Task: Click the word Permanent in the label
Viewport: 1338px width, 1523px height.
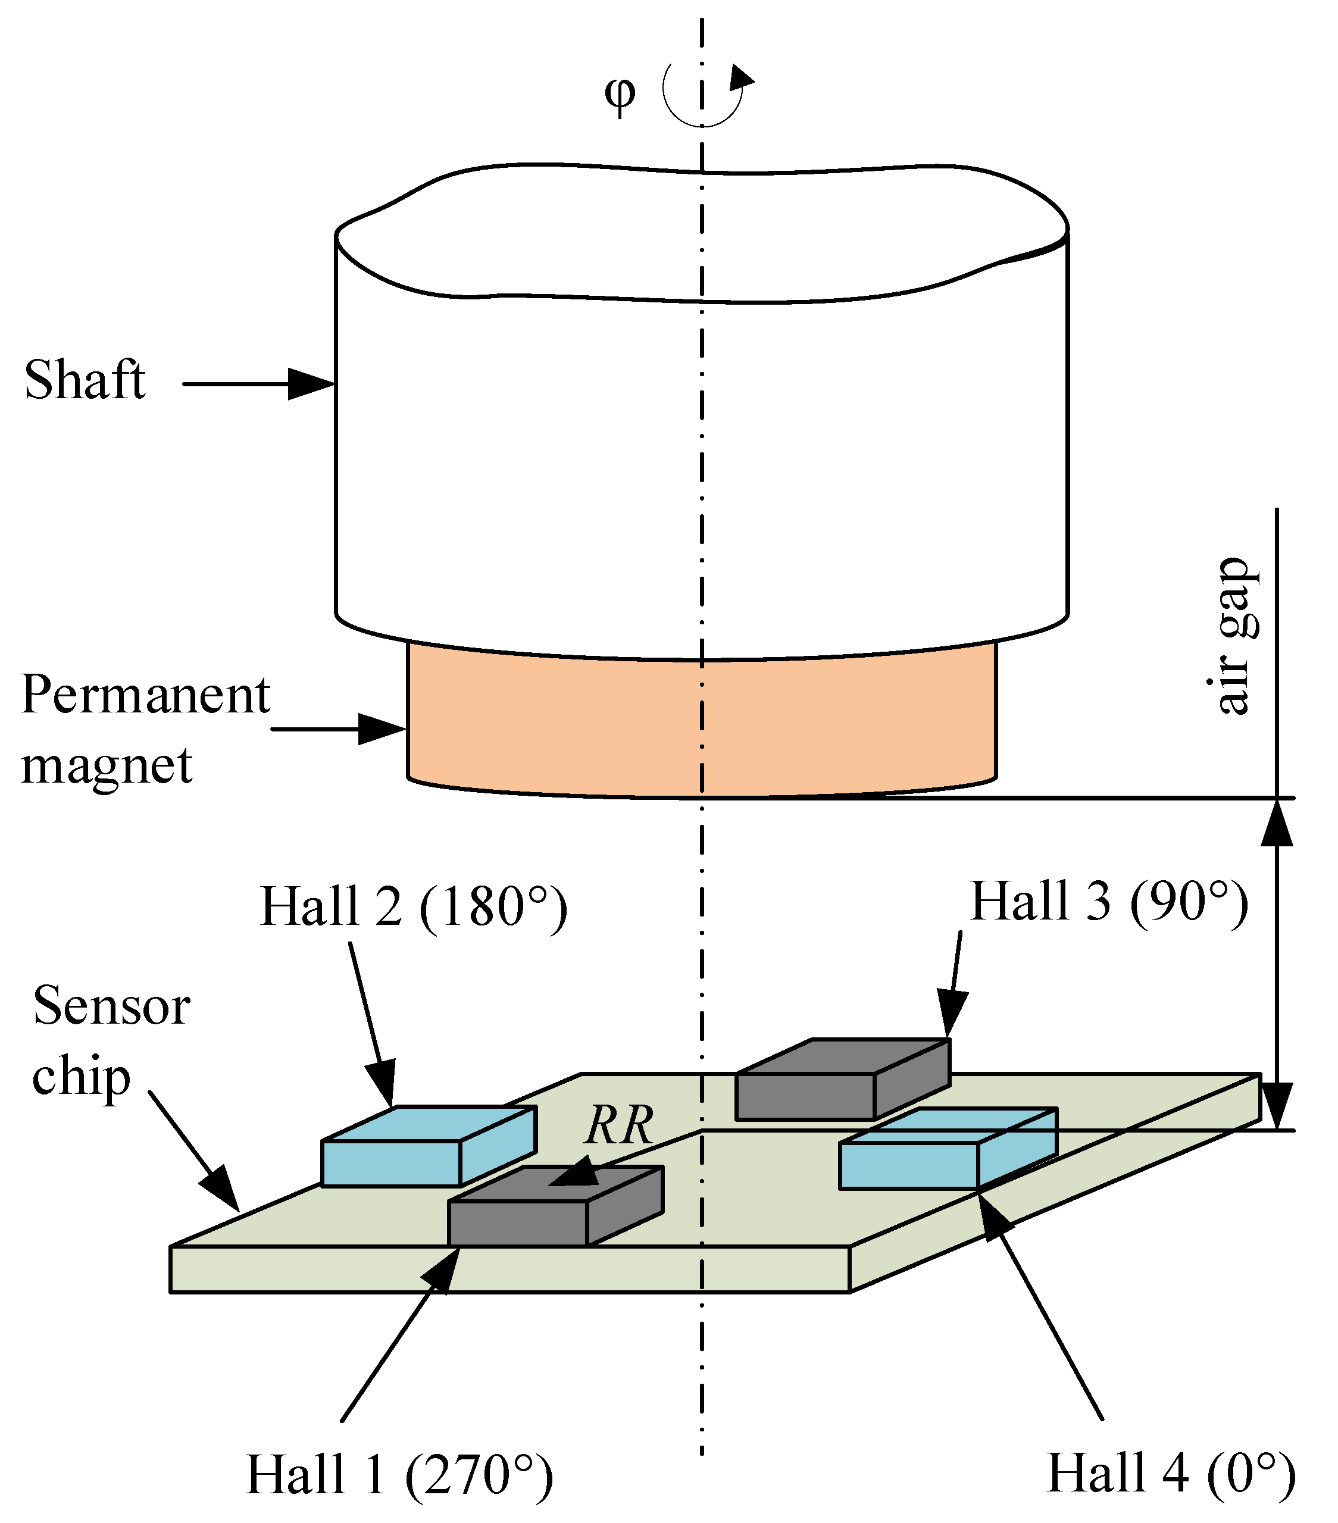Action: pyautogui.click(x=145, y=695)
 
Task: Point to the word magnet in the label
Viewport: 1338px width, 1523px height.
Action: pyautogui.click(x=107, y=765)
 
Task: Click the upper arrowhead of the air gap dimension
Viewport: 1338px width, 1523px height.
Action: pyautogui.click(x=1276, y=823)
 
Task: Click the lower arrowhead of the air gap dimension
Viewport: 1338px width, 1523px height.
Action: pyautogui.click(x=1276, y=1106)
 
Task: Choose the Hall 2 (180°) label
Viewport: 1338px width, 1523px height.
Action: pyautogui.click(x=414, y=907)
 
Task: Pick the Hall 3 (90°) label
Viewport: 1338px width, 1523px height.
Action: pyautogui.click(x=1108, y=902)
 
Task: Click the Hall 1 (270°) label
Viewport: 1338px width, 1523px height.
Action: pyautogui.click(x=399, y=1475)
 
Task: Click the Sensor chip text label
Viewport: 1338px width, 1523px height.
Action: pyautogui.click(x=110, y=1041)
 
